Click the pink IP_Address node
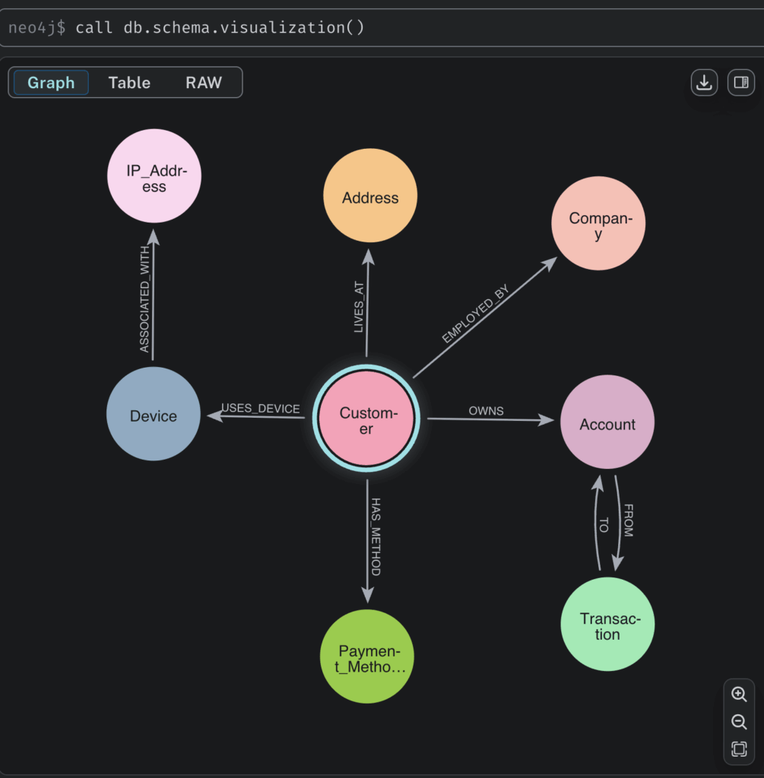[154, 176]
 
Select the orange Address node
[370, 195]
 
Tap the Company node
[599, 223]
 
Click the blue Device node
[154, 414]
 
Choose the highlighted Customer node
[366, 419]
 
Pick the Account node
[607, 422]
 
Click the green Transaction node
[607, 625]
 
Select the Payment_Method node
[367, 656]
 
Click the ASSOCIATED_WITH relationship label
[144, 299]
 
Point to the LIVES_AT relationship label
[359, 307]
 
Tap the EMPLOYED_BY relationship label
[476, 314]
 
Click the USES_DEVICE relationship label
[261, 408]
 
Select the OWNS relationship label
[486, 411]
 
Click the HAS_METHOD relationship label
[376, 537]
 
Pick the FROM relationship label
[629, 520]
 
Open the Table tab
[129, 82]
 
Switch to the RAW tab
[204, 82]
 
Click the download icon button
[705, 82]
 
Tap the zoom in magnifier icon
[739, 694]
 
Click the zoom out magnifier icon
[739, 722]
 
